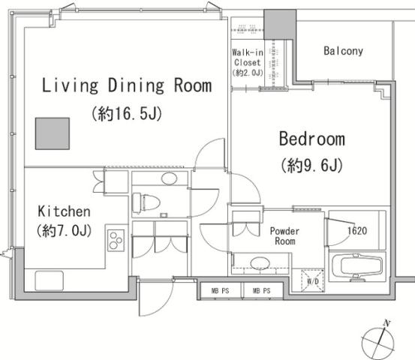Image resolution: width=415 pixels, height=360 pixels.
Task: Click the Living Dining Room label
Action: tap(127, 85)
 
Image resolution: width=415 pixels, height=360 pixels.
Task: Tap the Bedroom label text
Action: tap(312, 139)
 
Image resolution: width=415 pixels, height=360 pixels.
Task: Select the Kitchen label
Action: tap(64, 211)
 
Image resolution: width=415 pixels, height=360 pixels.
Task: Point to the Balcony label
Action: tap(343, 51)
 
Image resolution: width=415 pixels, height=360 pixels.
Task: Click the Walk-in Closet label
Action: tap(248, 58)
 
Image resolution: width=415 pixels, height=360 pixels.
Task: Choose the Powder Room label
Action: tap(284, 236)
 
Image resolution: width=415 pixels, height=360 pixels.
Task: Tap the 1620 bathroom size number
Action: tap(357, 231)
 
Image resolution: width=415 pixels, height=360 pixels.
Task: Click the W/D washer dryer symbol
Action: tap(313, 280)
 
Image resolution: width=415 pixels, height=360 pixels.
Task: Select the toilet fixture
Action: tap(146, 203)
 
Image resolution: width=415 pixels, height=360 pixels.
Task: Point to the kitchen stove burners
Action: tap(116, 240)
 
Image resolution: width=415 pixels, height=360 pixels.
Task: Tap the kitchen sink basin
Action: tap(50, 280)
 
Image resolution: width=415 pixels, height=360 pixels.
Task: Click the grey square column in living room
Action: tap(53, 133)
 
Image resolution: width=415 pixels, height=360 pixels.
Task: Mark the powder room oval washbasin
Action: tap(260, 263)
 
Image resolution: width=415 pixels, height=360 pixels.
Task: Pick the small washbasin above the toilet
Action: tap(169, 178)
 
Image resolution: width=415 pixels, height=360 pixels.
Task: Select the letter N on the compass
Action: tap(387, 323)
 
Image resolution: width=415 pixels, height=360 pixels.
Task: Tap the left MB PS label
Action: tap(220, 291)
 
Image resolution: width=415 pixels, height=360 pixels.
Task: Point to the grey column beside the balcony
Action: tap(280, 24)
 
